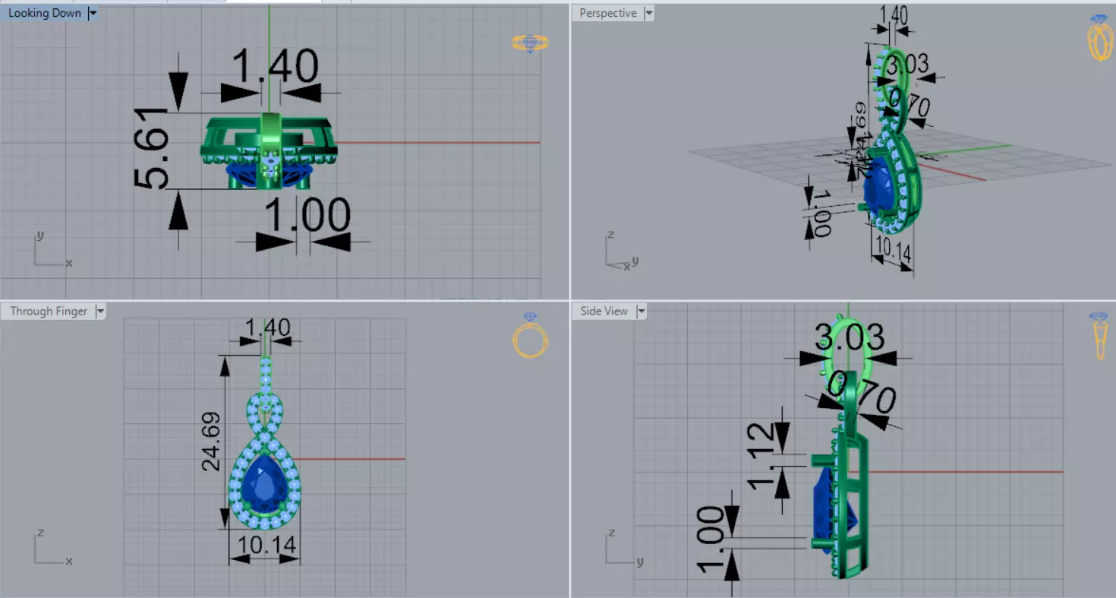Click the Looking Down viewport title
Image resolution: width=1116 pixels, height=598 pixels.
[44, 13]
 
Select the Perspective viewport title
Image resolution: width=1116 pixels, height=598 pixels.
[607, 13]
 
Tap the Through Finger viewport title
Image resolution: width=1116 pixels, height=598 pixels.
[49, 311]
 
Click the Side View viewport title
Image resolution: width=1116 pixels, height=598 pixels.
[604, 311]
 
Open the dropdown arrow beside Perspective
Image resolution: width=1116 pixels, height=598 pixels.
[648, 13]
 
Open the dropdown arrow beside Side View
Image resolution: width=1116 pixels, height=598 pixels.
[642, 311]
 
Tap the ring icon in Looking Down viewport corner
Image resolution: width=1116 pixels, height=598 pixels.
[530, 43]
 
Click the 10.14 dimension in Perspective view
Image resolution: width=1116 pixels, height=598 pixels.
[893, 248]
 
